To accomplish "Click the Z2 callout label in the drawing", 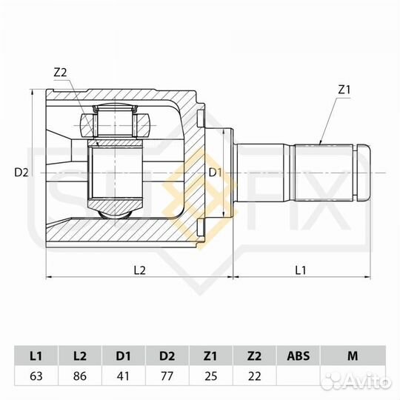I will [x=61, y=72].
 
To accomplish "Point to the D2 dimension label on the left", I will [x=21, y=173].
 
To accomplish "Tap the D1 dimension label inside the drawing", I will [x=215, y=173].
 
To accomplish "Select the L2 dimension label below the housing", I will [x=139, y=270].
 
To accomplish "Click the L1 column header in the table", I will [x=36, y=356].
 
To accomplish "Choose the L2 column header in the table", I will [x=79, y=356].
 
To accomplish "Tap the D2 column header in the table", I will [x=167, y=356].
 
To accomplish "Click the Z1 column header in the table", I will [x=211, y=356].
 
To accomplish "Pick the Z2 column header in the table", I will [x=255, y=356].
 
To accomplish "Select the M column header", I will [x=352, y=356].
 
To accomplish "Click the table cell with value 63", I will [x=36, y=376].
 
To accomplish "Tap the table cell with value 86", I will [x=79, y=376].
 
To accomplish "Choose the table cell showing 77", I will [x=167, y=376].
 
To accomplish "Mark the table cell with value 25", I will [x=211, y=376].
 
